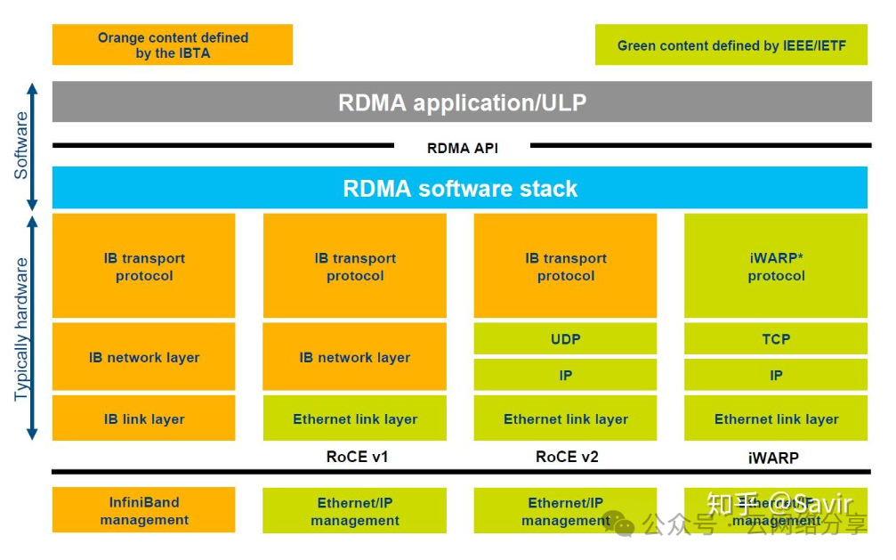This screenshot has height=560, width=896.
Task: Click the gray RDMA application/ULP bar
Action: tap(462, 101)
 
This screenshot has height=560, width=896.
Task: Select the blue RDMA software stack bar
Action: tap(459, 188)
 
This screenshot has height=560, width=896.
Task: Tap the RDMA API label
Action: tap(462, 148)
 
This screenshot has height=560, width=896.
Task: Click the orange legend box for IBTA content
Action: tap(173, 45)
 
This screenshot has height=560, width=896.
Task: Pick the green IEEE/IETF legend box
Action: tap(731, 45)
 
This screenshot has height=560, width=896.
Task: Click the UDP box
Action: tap(565, 338)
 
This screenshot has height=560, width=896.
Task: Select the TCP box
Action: tap(776, 338)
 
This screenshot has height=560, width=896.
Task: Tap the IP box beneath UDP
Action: tap(565, 375)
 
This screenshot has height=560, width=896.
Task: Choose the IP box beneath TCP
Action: tap(776, 375)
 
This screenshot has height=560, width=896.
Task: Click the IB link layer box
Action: tap(144, 418)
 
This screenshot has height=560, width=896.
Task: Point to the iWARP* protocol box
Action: tap(776, 266)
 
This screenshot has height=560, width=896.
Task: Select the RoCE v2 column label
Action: tap(567, 457)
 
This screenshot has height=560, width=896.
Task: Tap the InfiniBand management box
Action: tap(144, 511)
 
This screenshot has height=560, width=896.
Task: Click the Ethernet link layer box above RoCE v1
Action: tap(355, 418)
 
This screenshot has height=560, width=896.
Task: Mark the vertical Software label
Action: tap(21, 145)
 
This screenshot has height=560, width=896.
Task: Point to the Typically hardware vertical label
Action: tap(21, 329)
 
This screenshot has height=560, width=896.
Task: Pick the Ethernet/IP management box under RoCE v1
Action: tap(355, 511)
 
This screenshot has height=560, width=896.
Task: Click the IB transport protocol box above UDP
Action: tap(565, 266)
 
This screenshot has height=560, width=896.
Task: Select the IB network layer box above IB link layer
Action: tap(144, 357)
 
